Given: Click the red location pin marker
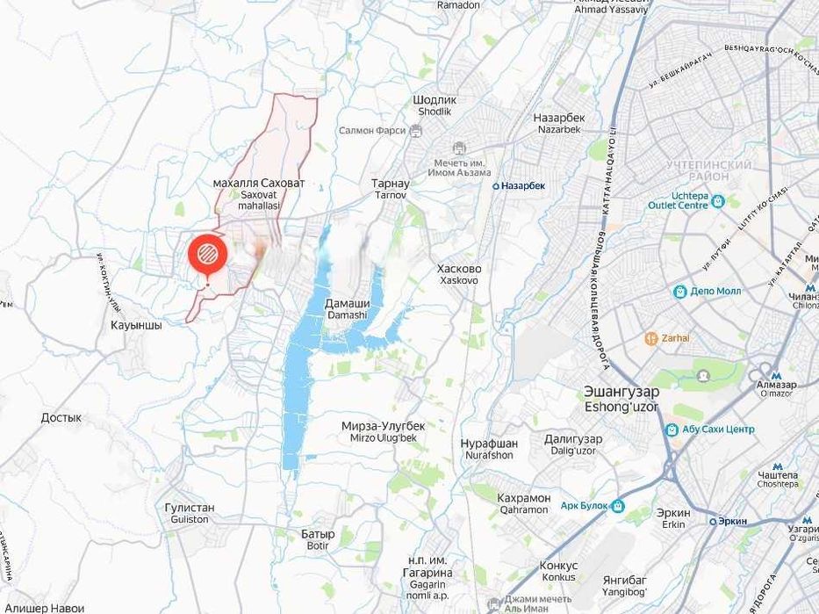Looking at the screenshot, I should pos(208,255).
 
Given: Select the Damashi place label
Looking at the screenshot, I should pos(348,308).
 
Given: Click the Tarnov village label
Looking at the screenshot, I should pos(390,189).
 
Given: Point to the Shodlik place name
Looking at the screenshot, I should pos(435,105).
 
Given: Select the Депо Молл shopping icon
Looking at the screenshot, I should pos(679,292).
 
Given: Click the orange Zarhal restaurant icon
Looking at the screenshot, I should pos(651,337).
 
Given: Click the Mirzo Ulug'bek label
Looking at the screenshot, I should pos(384,431).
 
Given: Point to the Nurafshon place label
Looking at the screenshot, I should pos(489,450).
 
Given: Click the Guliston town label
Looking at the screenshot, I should pos(189,513).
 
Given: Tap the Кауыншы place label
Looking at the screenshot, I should pos(136,325).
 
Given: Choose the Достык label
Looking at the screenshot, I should pos(61,418).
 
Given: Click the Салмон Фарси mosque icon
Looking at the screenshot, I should pos(415,131).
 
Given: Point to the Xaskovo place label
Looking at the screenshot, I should pos(459,274).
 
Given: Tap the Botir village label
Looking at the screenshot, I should pos(317,539).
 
